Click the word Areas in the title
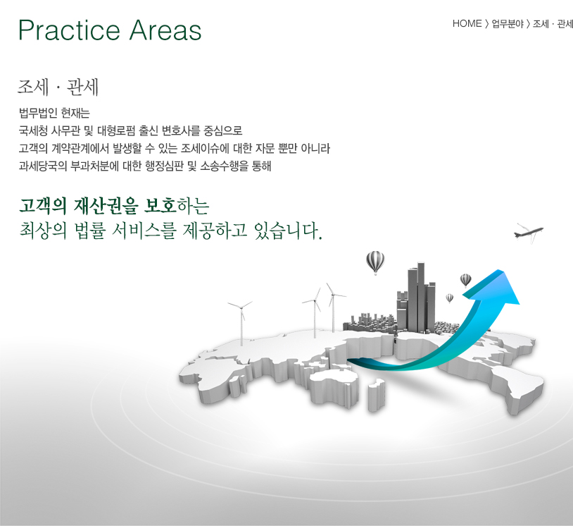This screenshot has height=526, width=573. click(165, 30)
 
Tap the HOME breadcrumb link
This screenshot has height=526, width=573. click(467, 23)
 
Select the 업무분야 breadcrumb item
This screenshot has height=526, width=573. click(508, 24)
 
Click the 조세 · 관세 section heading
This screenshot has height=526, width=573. click(58, 87)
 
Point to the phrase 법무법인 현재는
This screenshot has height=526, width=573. click(54, 113)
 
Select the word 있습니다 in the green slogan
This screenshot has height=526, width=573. click(288, 231)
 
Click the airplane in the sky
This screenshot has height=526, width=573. click(529, 232)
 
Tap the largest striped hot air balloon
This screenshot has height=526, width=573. click(375, 262)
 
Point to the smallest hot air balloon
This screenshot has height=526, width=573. click(450, 298)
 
